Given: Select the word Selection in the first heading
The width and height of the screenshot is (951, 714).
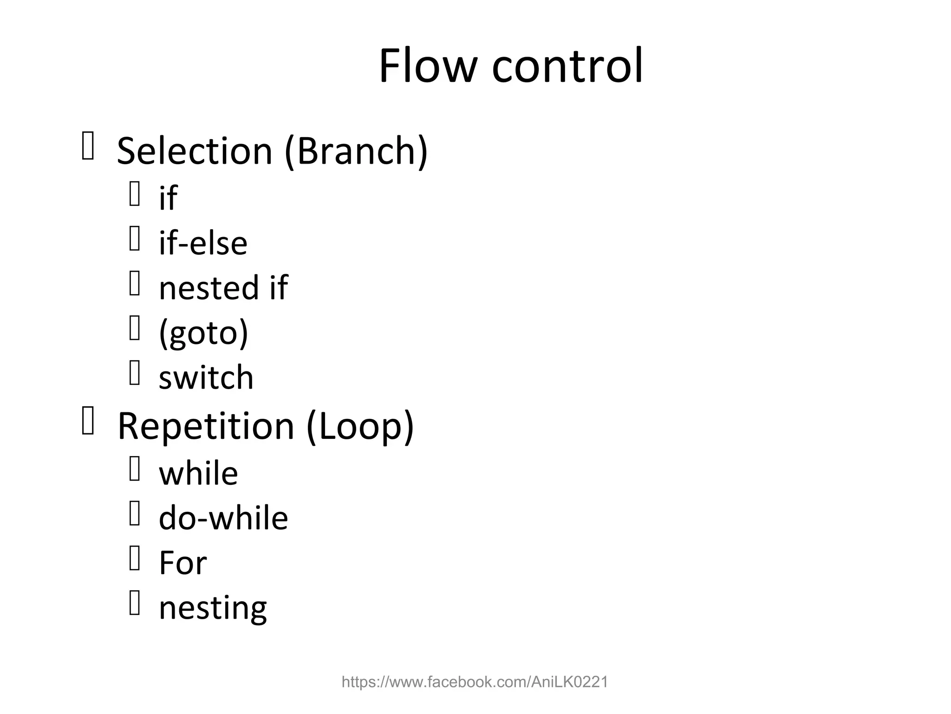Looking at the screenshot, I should coord(194,151).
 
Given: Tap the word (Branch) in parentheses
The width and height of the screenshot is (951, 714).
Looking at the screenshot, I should coord(356,151).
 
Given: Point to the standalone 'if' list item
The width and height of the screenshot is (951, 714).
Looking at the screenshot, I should coord(168,198).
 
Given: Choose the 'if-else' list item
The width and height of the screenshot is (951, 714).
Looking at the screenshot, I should coord(203,243).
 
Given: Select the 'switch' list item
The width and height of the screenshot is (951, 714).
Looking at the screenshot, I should coord(206,377).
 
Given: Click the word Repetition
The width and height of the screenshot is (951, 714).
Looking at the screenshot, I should coord(206,426).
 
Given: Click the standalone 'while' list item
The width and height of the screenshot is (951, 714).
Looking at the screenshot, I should coord(198,473).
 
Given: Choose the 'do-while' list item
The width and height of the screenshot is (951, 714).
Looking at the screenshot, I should coord(223,518).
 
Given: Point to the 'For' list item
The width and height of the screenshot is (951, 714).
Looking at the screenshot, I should coord(182,563).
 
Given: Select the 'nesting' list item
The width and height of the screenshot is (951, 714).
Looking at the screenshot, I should coord(213,608).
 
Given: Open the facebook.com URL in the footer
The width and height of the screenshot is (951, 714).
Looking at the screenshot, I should coord(475,682).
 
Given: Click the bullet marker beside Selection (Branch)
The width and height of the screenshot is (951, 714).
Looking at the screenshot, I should coord(88,145).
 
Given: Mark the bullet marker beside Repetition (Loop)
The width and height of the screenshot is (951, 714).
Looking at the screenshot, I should coord(88,421).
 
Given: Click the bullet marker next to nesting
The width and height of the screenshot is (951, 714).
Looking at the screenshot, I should coord(135,603).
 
